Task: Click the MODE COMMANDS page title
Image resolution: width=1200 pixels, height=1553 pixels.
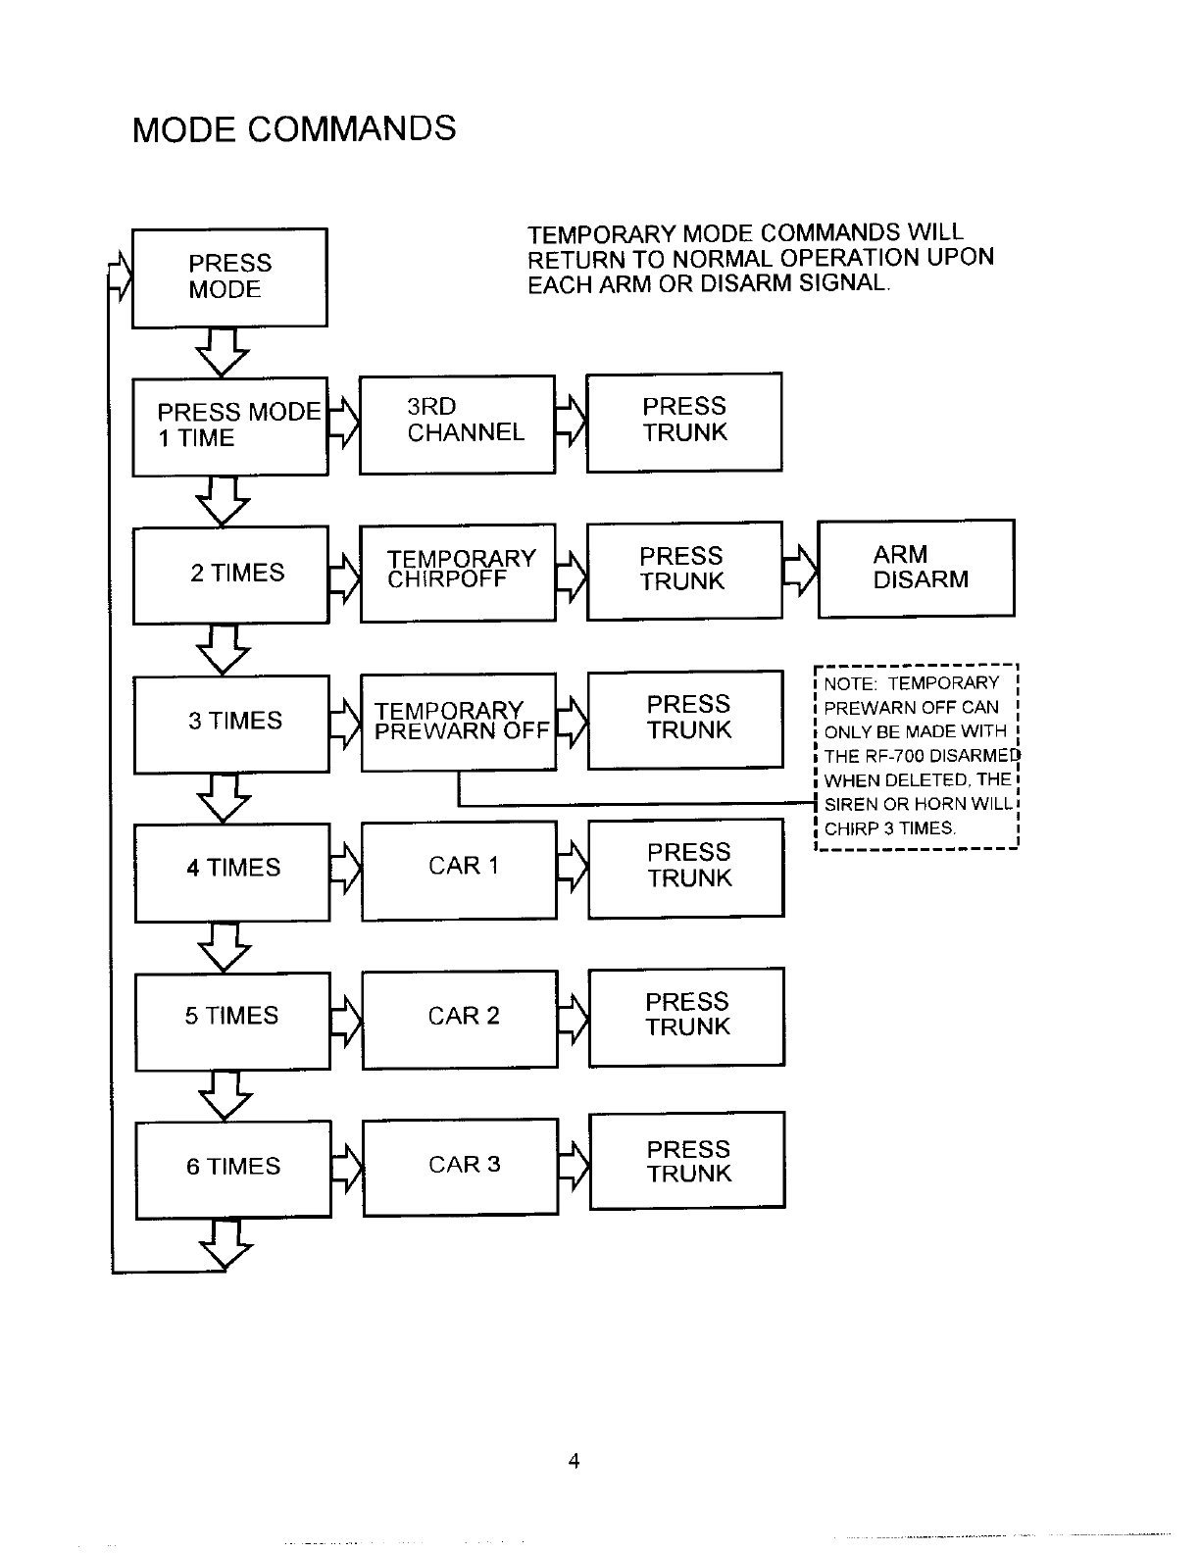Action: pyautogui.click(x=294, y=129)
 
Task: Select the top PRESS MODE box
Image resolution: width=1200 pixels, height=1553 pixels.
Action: pyautogui.click(x=229, y=277)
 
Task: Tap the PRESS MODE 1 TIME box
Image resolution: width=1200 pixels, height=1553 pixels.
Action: pyautogui.click(x=230, y=426)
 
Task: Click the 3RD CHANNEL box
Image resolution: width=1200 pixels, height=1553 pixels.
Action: pyautogui.click(x=457, y=425)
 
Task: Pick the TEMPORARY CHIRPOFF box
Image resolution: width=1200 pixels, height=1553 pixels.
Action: pyautogui.click(x=458, y=573)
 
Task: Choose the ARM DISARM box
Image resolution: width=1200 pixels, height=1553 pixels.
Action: pyautogui.click(x=916, y=569)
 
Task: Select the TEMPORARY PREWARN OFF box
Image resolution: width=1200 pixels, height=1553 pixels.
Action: pyautogui.click(x=459, y=723)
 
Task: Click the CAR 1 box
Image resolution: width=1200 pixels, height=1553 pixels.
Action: pyautogui.click(x=459, y=871)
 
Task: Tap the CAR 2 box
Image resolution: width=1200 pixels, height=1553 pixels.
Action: pyautogui.click(x=460, y=1020)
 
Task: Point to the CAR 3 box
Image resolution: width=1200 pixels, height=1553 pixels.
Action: pyautogui.click(x=461, y=1168)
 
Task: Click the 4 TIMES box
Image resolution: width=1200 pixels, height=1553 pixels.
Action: pyautogui.click(x=232, y=873)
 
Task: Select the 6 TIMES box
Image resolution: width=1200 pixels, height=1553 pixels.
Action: pyautogui.click(x=233, y=1170)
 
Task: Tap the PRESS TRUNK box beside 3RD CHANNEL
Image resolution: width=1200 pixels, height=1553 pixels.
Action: pyautogui.click(x=684, y=423)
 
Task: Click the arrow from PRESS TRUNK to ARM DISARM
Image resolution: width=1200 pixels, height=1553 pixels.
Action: pyautogui.click(x=801, y=571)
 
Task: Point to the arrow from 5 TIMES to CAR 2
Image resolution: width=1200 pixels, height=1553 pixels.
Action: pyautogui.click(x=347, y=1021)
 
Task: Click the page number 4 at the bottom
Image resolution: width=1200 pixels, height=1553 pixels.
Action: pyautogui.click(x=574, y=1462)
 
